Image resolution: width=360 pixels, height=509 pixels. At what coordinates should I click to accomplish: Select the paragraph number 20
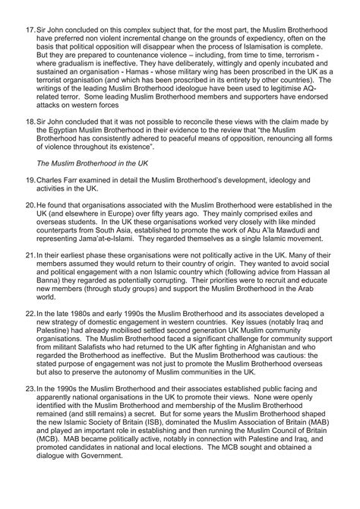[x=30, y=205]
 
